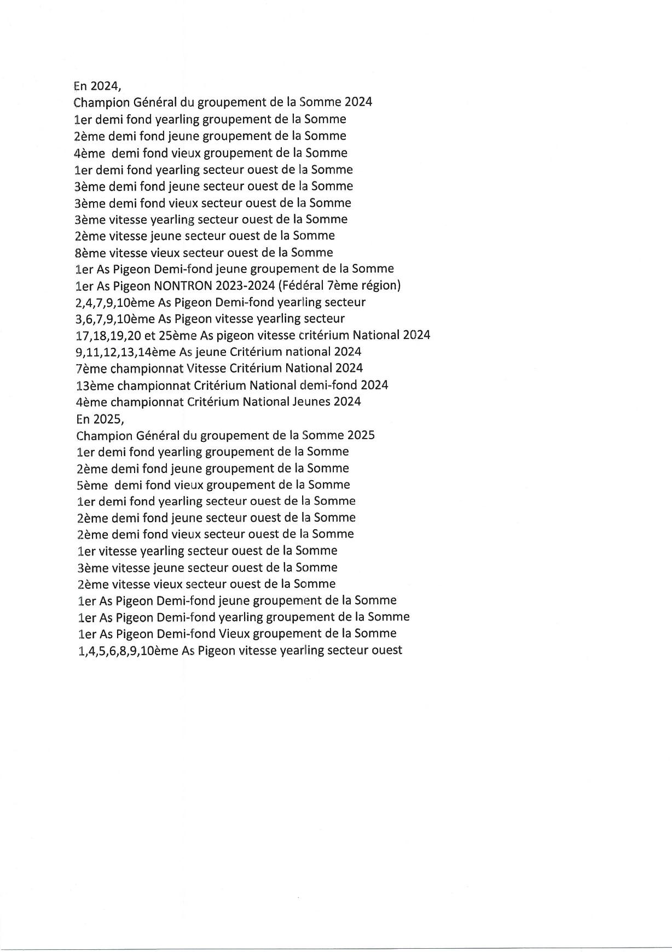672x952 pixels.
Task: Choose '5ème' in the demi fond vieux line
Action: [92, 484]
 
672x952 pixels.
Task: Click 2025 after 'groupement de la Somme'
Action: [361, 435]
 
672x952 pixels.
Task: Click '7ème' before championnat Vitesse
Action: [91, 369]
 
